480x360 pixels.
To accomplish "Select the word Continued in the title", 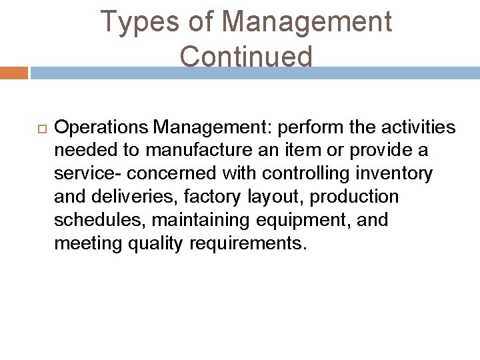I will click(x=245, y=57).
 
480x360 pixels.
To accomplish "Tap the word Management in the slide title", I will click(x=307, y=22).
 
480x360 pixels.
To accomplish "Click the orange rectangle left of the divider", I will click(x=13, y=72).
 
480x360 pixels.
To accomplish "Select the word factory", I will click(x=203, y=197).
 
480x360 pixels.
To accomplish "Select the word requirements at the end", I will click(x=248, y=244).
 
